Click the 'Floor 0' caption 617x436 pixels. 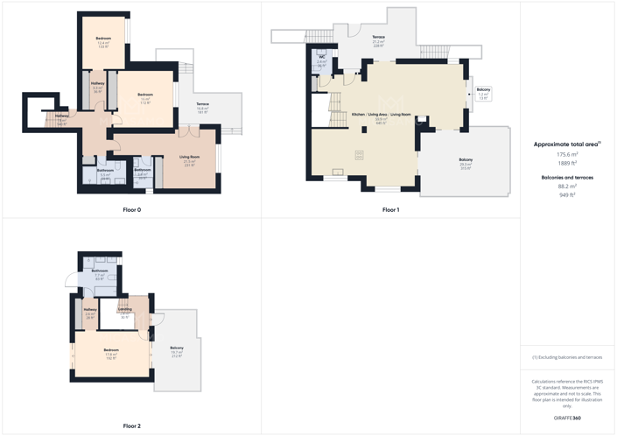(131, 210)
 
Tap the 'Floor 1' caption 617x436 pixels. (390, 210)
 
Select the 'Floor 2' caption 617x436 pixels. (131, 426)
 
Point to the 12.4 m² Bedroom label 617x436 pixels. (103, 39)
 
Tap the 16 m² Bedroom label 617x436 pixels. (145, 95)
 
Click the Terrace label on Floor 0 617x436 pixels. (202, 104)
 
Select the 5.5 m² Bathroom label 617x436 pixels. (104, 172)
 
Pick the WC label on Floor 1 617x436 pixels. (322, 57)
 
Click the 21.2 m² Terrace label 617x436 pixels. (378, 37)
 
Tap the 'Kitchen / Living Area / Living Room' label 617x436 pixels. (381, 115)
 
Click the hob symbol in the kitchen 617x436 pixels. (359, 155)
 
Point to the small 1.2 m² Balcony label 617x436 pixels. (483, 90)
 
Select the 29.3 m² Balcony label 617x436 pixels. (465, 160)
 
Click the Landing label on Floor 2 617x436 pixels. (125, 309)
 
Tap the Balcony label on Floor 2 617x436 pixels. (177, 348)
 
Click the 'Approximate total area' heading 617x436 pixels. (567, 144)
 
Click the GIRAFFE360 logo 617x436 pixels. (568, 418)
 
